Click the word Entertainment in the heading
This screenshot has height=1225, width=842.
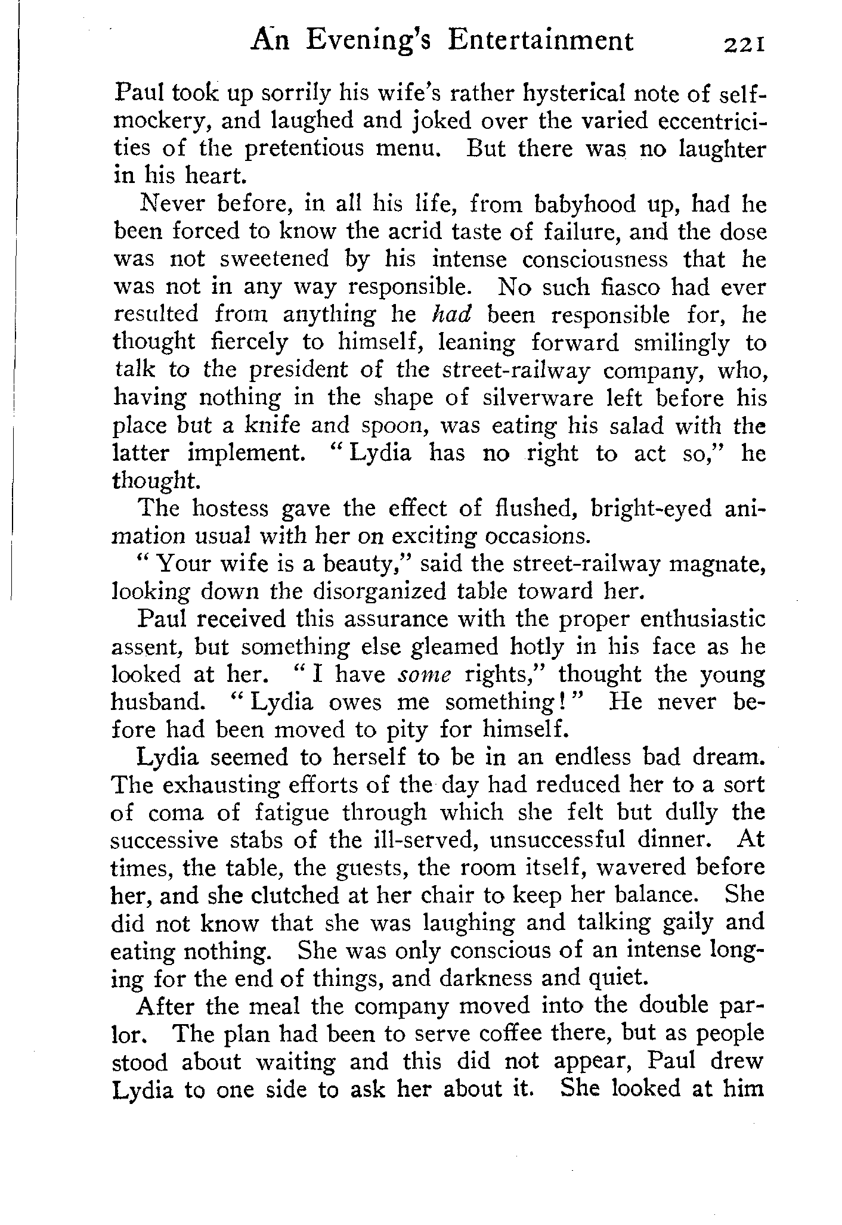(x=540, y=41)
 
